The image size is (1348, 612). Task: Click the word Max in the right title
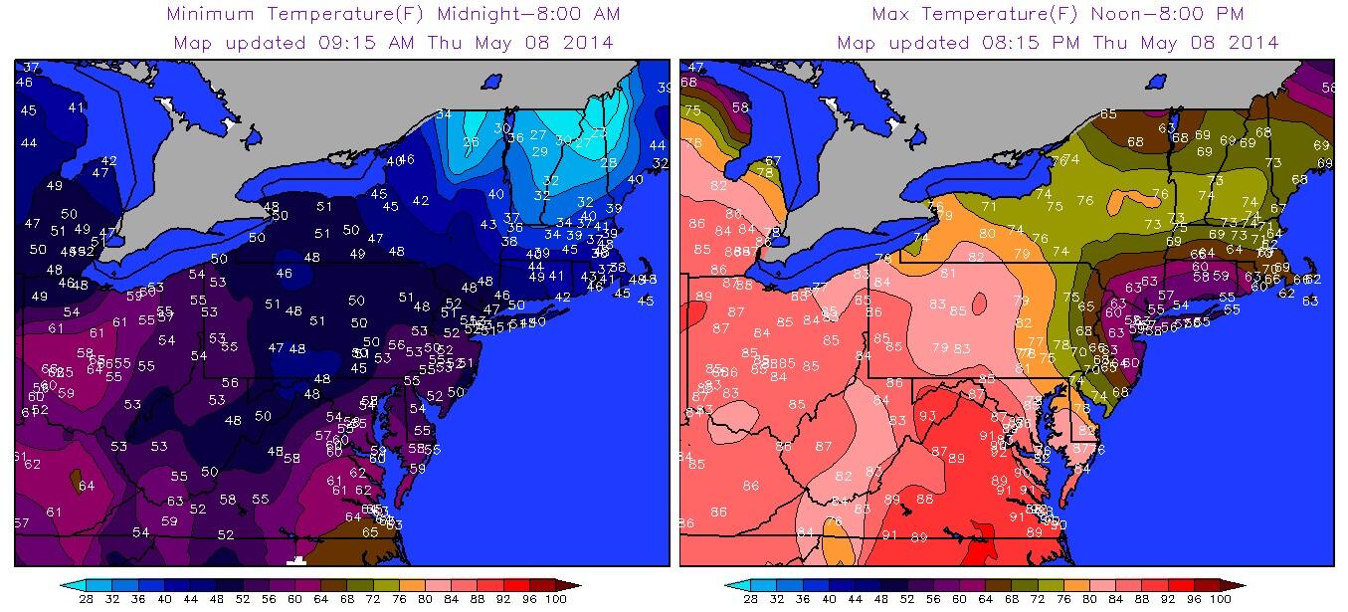(x=893, y=14)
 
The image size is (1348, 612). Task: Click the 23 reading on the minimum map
(x=599, y=132)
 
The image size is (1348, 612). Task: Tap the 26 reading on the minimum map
(x=471, y=142)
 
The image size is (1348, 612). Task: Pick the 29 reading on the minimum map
(x=540, y=152)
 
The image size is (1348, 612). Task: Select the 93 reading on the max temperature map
(x=927, y=416)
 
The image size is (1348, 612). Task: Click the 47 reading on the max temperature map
(x=695, y=68)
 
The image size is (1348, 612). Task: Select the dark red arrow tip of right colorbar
(x=1245, y=585)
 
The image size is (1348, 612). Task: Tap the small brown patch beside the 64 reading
(x=76, y=481)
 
